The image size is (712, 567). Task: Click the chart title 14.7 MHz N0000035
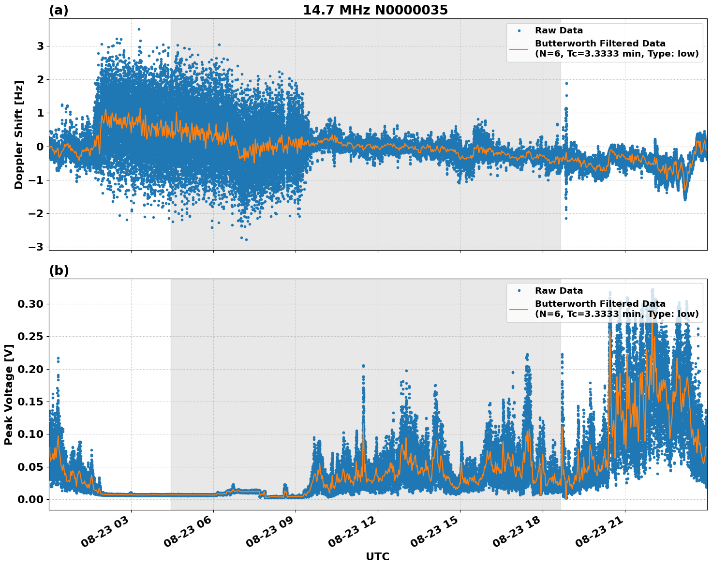[x=375, y=10]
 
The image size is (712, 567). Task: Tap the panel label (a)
[x=59, y=10]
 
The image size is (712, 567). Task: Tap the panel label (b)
[x=59, y=270]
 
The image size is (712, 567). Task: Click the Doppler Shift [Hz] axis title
[x=18, y=134]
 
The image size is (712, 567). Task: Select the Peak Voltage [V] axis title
[x=8, y=394]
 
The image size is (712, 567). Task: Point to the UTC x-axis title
[x=377, y=556]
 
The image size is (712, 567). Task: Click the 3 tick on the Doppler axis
[x=40, y=46]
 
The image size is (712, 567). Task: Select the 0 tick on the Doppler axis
[x=40, y=147]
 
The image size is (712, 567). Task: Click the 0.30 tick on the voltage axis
[x=30, y=304]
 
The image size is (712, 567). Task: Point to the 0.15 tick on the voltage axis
[x=30, y=402]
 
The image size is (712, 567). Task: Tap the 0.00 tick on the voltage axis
[x=30, y=499]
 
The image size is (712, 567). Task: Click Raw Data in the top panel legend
[x=559, y=30]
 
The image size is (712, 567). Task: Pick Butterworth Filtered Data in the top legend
[x=600, y=44]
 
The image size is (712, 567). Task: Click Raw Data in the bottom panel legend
[x=559, y=291]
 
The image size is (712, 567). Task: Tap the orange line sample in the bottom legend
[x=519, y=309]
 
